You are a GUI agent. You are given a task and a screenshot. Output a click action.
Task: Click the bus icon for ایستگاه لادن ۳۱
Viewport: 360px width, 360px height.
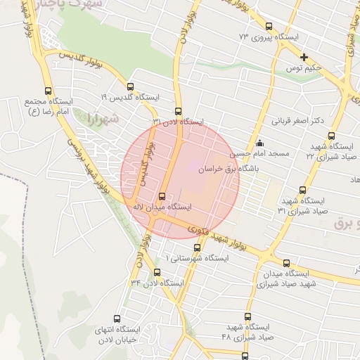point(177,111)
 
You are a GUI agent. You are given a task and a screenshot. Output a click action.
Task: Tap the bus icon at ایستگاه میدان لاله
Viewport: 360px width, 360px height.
point(162,196)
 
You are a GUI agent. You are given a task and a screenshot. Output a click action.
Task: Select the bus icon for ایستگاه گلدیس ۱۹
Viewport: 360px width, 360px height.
point(130,86)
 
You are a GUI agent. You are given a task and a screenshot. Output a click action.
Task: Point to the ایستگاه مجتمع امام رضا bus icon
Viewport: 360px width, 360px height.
point(48,91)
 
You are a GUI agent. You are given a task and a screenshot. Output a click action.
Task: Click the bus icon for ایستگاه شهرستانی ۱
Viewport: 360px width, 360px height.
point(197,247)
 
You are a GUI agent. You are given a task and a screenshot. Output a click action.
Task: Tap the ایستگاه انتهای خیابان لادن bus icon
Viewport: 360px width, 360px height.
point(117,319)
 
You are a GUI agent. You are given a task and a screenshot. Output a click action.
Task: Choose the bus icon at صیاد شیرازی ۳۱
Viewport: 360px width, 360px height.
point(303,189)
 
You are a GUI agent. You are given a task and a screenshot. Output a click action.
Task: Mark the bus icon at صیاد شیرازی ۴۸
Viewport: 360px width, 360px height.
point(245,356)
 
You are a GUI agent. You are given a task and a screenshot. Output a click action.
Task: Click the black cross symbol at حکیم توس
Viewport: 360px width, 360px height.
point(304,57)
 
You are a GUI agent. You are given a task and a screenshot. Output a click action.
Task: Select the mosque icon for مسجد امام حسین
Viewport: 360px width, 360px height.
point(260,143)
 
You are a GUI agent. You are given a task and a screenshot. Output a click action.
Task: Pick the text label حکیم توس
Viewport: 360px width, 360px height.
point(303,67)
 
